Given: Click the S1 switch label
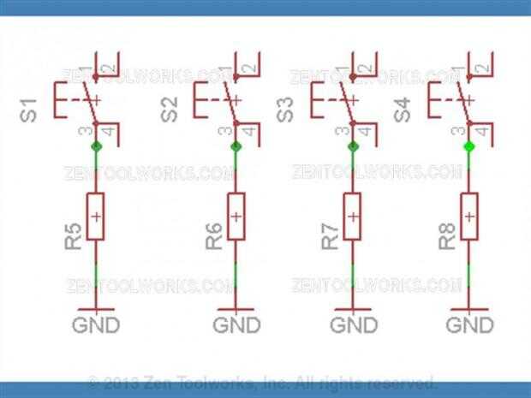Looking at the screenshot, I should [27, 110].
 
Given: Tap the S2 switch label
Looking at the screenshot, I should [170, 110].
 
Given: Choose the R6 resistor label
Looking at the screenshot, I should [214, 236].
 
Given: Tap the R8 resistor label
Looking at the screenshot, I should [446, 236].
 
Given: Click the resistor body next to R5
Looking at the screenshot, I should [96, 217].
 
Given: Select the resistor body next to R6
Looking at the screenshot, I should [236, 217].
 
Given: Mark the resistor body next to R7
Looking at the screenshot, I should [353, 217].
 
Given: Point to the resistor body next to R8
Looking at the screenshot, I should [468, 217].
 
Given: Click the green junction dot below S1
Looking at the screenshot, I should [96, 147].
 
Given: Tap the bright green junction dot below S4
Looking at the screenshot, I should [468, 147].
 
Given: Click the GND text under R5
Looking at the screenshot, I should [96, 325].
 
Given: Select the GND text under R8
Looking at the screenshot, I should [470, 325].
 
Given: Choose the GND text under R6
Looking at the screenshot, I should [236, 325].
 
